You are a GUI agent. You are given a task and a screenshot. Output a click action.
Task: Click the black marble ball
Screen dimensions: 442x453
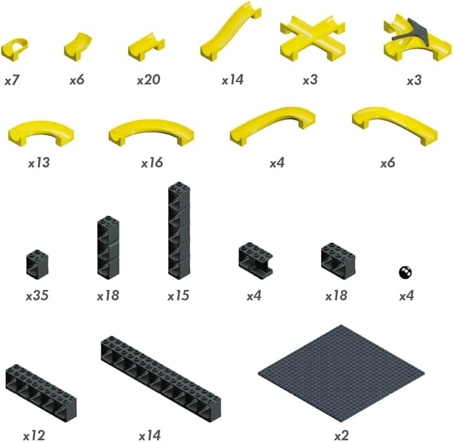click(405, 272)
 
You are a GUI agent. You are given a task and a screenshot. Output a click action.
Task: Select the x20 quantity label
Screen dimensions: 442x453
click(148, 80)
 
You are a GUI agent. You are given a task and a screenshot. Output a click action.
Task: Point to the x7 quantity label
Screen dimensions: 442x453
click(13, 80)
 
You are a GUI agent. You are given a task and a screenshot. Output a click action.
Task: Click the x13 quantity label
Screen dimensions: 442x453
click(39, 163)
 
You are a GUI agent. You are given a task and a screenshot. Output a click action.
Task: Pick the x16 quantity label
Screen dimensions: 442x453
click(151, 163)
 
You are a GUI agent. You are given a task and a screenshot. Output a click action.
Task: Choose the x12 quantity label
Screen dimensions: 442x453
click(34, 434)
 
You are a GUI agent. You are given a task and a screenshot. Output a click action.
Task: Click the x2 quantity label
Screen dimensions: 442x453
click(341, 433)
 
